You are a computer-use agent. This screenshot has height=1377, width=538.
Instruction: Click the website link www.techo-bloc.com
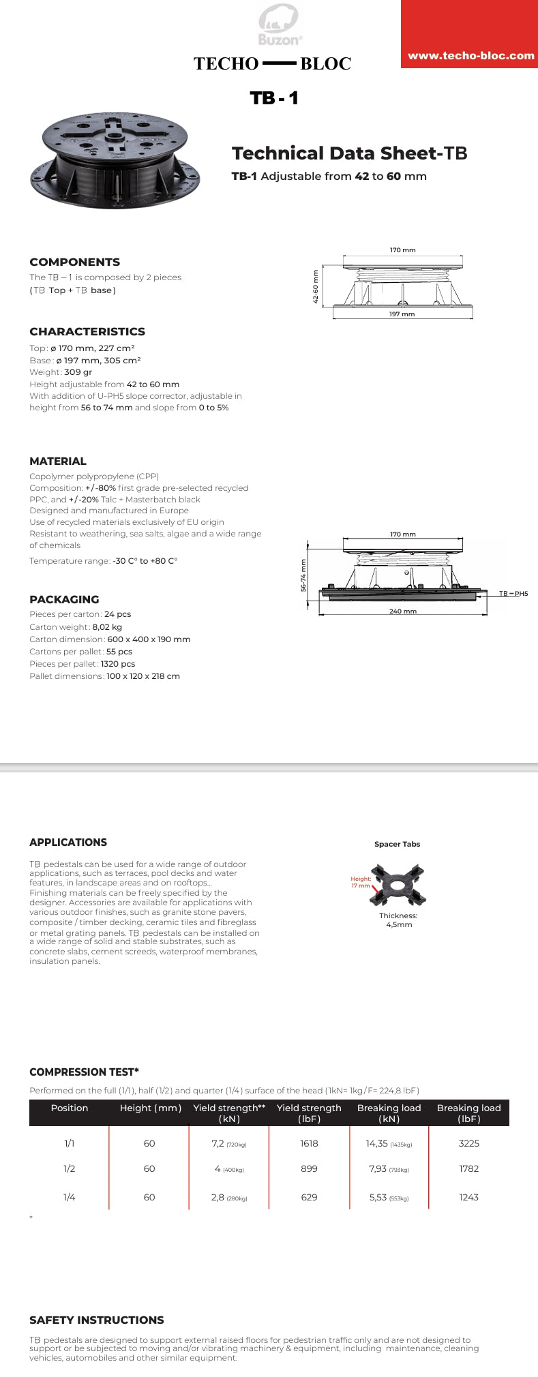coord(470,56)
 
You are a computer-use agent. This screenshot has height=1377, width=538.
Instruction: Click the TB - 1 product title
coord(274,98)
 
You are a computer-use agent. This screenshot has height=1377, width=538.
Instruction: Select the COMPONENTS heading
coord(74,262)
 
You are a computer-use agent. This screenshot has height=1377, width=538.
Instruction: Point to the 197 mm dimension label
coord(402,314)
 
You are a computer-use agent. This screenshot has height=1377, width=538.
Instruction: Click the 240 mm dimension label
coord(402,611)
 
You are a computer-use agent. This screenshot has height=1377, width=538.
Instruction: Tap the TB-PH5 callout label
coord(513,594)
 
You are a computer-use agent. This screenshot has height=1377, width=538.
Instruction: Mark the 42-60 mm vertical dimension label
coord(316,287)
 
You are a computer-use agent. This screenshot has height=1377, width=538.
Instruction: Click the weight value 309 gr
coord(78,372)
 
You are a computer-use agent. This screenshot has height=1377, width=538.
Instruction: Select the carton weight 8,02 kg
coord(107,627)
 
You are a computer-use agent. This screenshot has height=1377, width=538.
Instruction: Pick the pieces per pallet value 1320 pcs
coord(121,664)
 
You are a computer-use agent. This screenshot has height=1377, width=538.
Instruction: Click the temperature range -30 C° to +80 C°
coord(145,561)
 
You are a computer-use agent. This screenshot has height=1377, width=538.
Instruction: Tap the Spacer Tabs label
coord(397,844)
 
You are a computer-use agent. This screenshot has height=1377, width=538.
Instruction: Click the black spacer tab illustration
coord(397,885)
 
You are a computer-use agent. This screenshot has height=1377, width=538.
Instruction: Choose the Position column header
coord(70,1108)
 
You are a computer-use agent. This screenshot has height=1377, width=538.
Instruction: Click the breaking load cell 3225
coord(468,1143)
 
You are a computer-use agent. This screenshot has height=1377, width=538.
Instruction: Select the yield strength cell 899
coord(309,1168)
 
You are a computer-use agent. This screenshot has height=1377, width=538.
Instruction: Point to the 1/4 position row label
coord(69,1197)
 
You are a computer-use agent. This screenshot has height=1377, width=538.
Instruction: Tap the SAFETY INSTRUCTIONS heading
coord(97,1320)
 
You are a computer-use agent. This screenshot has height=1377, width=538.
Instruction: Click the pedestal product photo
coord(115,161)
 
